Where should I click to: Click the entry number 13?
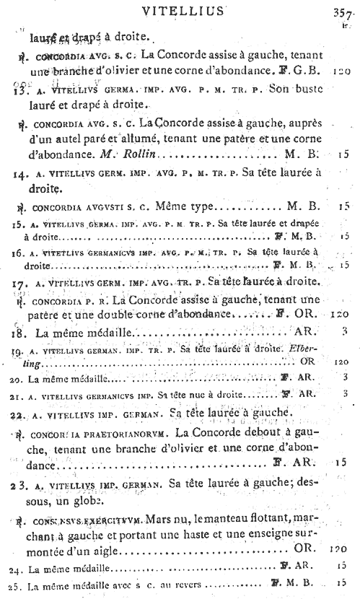tap(19, 92)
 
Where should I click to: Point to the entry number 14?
tap(19, 175)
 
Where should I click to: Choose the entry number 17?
tap(19, 281)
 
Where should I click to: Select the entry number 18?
tap(19, 333)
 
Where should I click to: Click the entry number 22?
tap(19, 414)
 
